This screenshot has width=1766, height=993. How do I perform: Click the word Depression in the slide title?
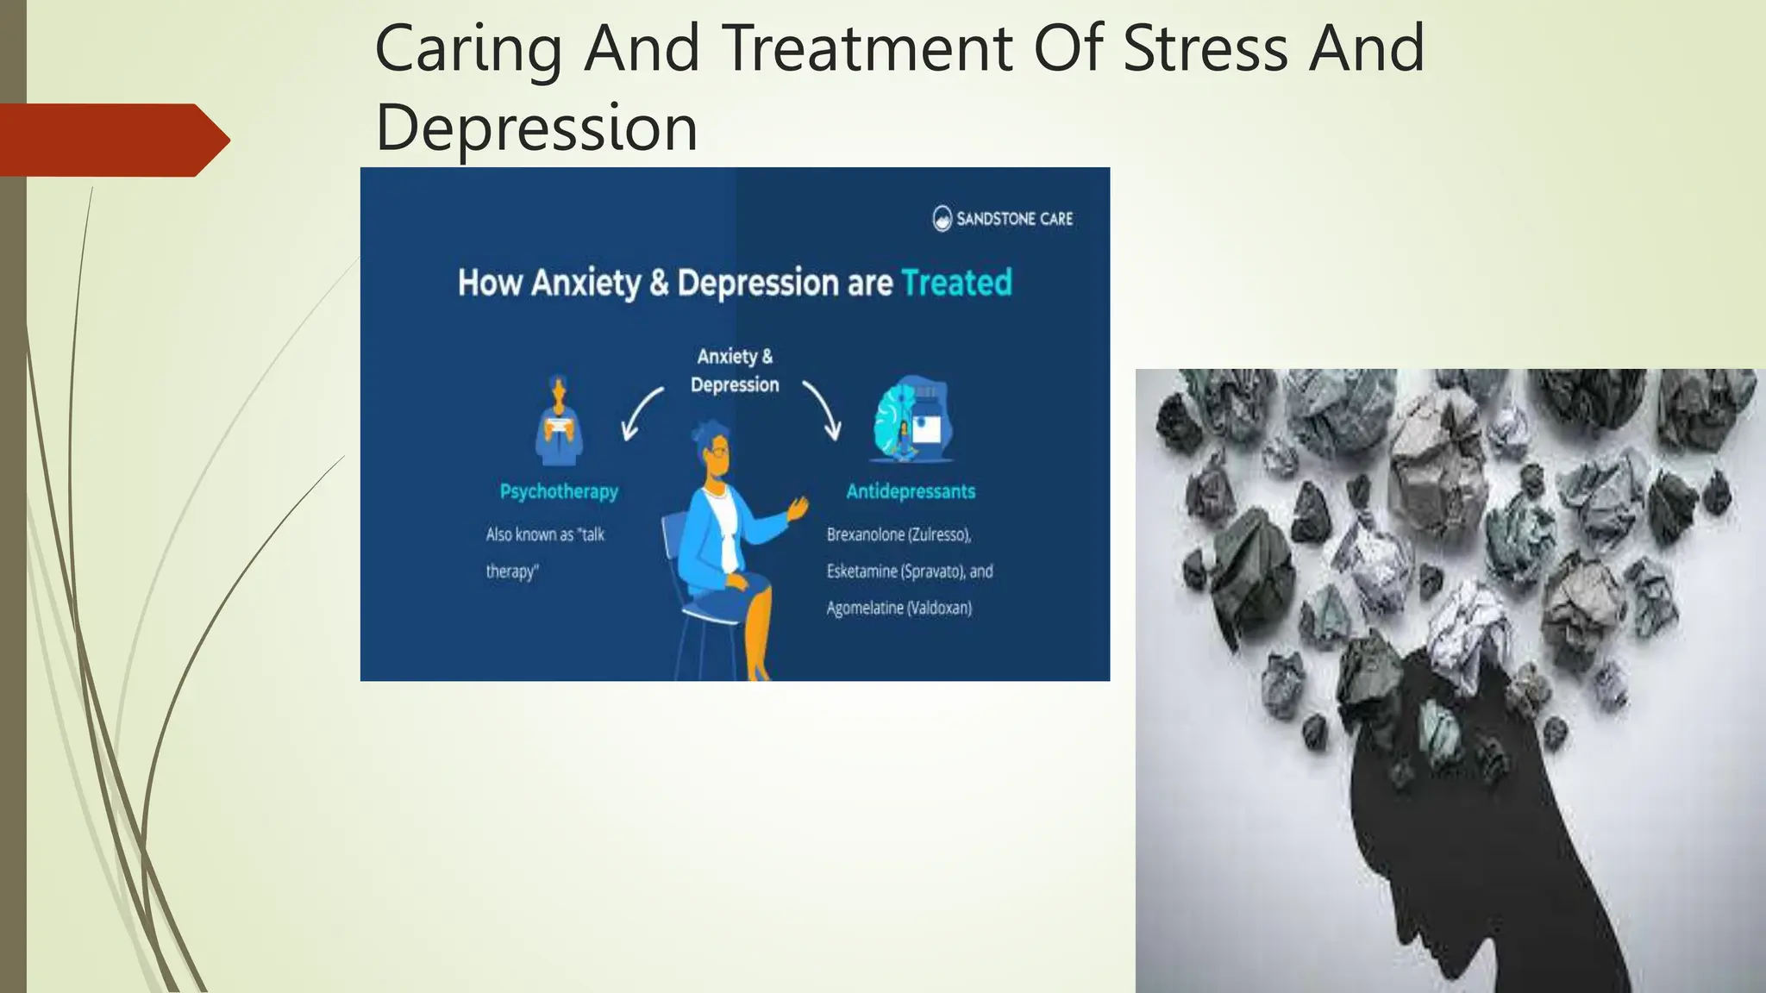(x=536, y=128)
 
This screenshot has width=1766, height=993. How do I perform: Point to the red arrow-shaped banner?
(x=112, y=141)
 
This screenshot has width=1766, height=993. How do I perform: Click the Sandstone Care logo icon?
(x=942, y=219)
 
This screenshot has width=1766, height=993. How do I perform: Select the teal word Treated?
(x=956, y=283)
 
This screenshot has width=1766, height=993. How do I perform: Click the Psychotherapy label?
(x=559, y=491)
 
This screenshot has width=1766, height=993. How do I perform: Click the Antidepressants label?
(x=911, y=491)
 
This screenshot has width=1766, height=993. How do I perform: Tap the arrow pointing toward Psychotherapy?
(x=641, y=415)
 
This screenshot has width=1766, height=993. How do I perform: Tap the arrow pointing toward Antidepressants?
(x=823, y=410)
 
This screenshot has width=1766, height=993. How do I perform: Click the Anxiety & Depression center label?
(x=735, y=371)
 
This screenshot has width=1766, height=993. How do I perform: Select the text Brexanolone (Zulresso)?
(x=899, y=534)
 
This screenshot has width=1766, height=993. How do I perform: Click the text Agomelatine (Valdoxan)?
(x=899, y=609)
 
